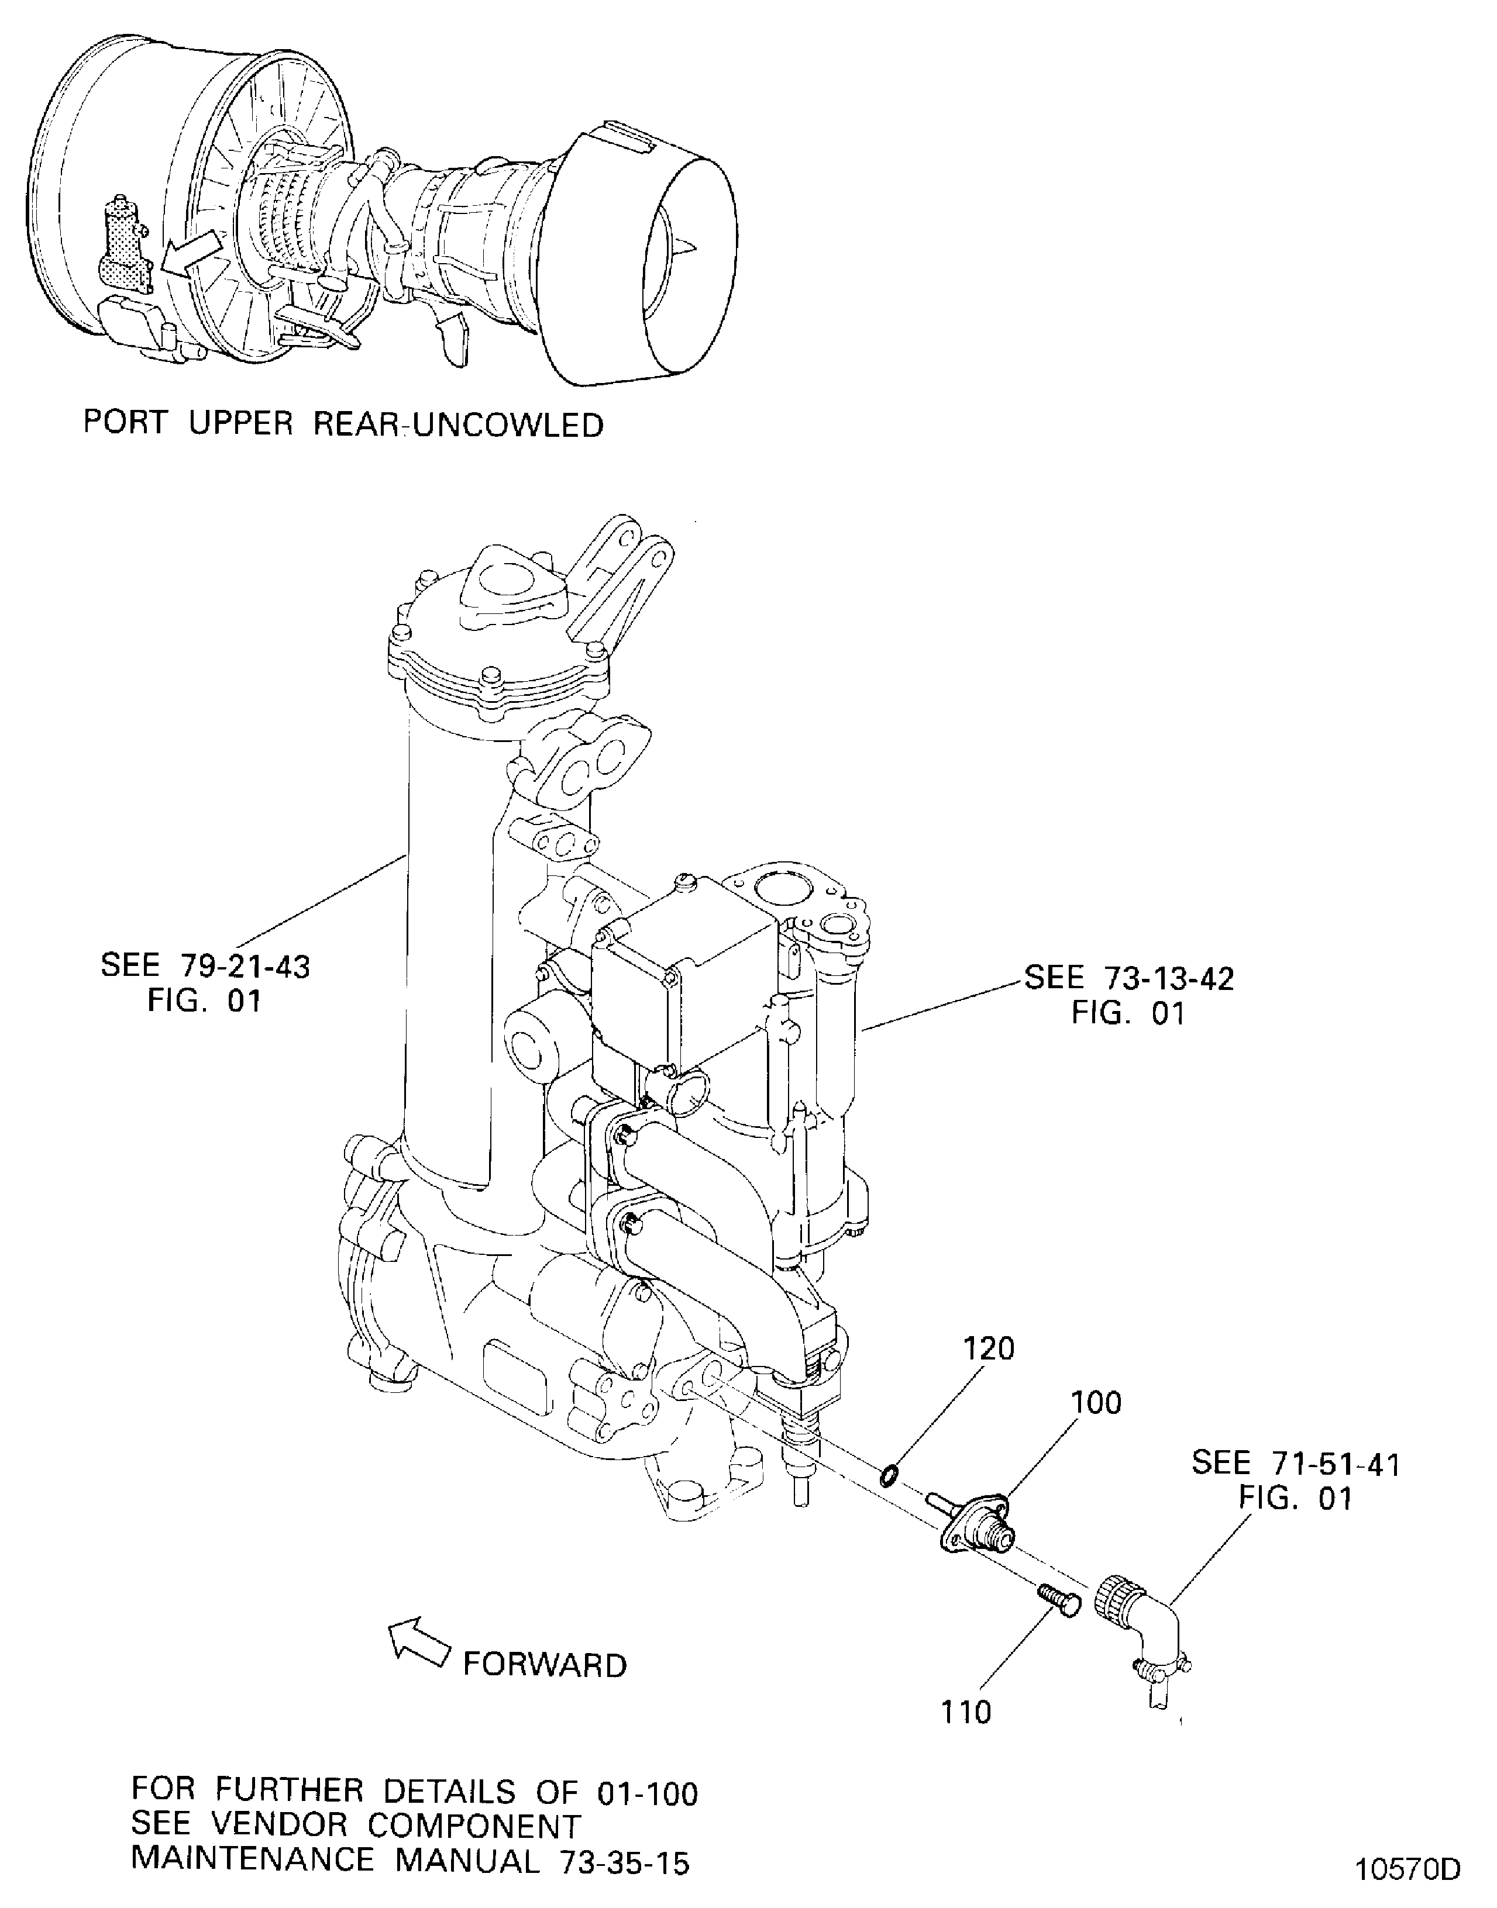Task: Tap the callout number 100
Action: pyautogui.click(x=1096, y=1403)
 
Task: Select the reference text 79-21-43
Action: pyautogui.click(x=246, y=966)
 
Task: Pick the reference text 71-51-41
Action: pyautogui.click(x=1335, y=1464)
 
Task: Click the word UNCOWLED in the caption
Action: pyautogui.click(x=508, y=426)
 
